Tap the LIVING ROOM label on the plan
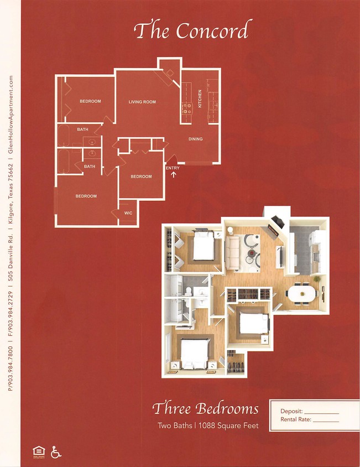(x=142, y=102)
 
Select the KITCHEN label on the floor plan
(x=200, y=99)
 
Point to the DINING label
(x=195, y=139)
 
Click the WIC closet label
(x=128, y=212)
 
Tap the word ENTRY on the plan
(x=173, y=168)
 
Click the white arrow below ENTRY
(x=174, y=175)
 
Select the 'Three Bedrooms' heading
(x=205, y=409)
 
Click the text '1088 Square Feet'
(x=232, y=426)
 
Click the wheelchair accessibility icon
(x=56, y=452)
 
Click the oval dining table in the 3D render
(x=302, y=293)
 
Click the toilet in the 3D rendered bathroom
(x=188, y=292)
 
